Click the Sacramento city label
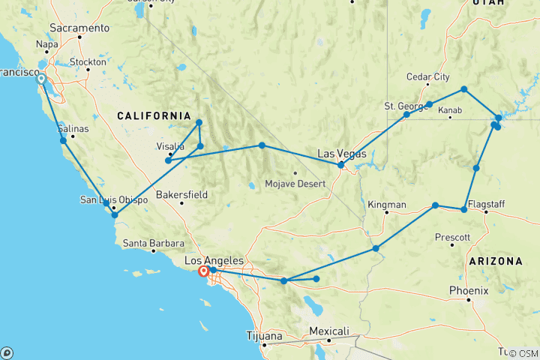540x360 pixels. [79, 28]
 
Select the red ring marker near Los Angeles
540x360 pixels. [202, 272]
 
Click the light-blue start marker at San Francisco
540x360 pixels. [40, 79]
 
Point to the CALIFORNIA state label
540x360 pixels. [154, 115]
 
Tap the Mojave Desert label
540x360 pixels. [295, 184]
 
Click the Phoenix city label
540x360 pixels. [469, 290]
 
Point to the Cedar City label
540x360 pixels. [427, 77]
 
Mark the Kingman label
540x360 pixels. [387, 204]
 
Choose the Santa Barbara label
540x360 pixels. [153, 243]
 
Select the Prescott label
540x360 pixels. [453, 238]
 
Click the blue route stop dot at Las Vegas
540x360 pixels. [340, 165]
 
